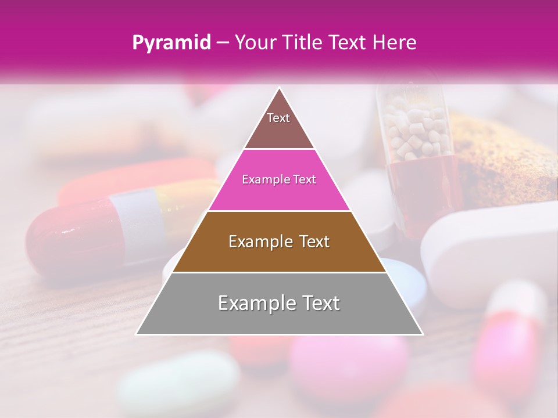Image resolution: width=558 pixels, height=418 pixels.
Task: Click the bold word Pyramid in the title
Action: tap(171, 43)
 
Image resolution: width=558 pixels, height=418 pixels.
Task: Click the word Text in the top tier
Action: tap(278, 118)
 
